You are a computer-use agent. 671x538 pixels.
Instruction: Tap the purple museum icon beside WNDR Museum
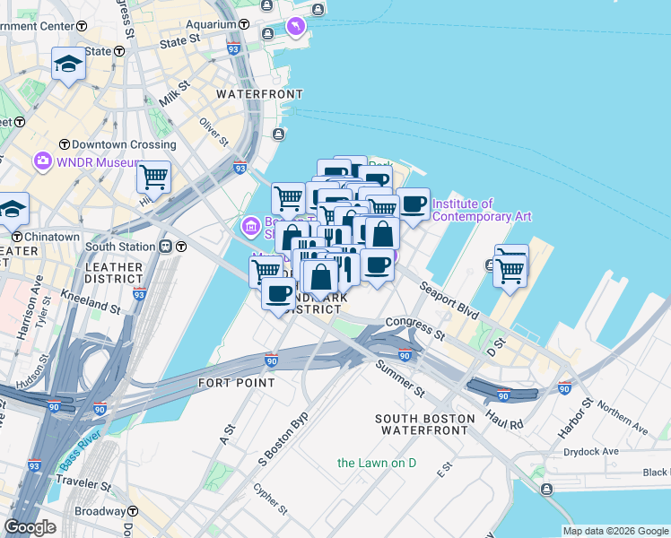point(41,162)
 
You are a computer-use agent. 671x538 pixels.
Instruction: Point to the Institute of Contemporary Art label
point(482,210)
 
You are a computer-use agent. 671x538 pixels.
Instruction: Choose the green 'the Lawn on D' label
point(377,463)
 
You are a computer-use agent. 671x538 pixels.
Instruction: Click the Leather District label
point(114,273)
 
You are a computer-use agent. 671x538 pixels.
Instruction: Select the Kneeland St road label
point(91,300)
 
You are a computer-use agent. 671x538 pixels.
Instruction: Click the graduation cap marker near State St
point(68,64)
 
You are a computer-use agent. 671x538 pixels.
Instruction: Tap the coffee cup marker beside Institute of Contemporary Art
point(414,204)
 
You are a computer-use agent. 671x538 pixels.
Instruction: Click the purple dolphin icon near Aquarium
point(295,29)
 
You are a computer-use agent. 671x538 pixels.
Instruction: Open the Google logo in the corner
point(30,526)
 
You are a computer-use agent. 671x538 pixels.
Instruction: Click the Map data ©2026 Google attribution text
point(615,531)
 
